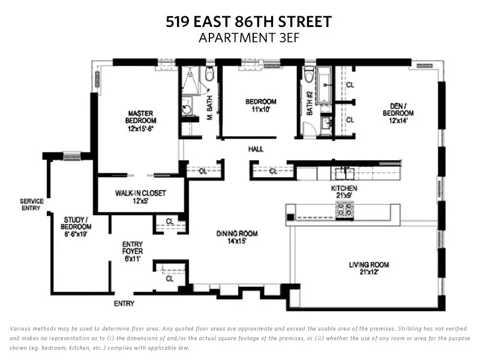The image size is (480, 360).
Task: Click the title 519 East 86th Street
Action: click(248, 22)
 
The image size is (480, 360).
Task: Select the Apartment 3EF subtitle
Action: click(248, 38)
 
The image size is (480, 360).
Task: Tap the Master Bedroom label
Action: click(141, 121)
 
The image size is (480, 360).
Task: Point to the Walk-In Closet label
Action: click(140, 197)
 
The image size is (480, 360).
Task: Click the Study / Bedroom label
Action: click(76, 223)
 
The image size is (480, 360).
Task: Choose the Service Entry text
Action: click(31, 205)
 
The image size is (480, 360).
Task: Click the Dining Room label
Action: click(237, 237)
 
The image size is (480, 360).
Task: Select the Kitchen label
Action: click(344, 192)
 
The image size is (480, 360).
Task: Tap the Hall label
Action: click(256, 149)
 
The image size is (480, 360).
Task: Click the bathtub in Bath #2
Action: click(325, 86)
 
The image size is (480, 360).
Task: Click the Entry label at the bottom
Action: click(124, 304)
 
